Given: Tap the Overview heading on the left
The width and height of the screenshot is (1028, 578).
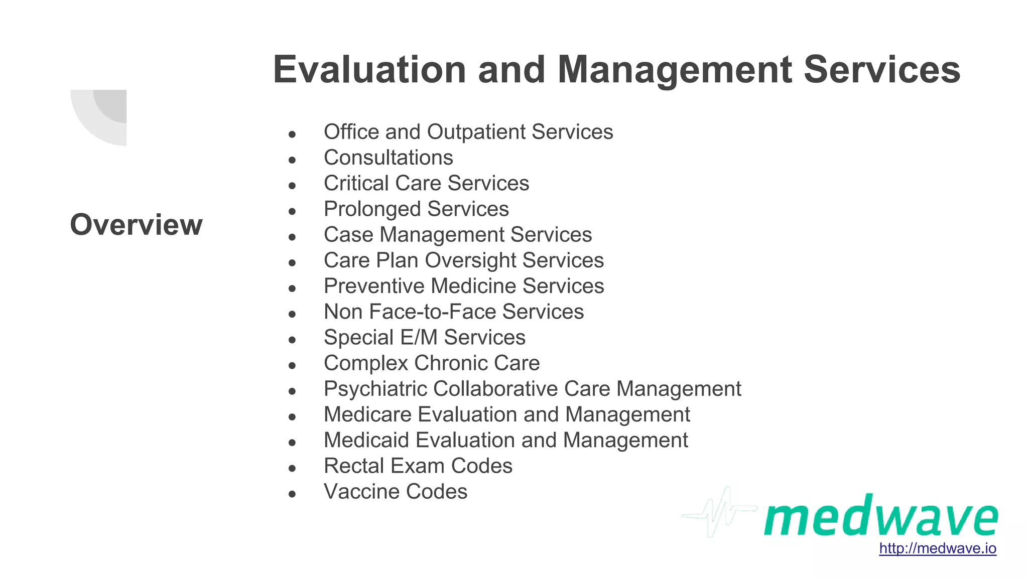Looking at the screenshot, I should click(136, 224).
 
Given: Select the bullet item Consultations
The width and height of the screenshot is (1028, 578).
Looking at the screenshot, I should click(388, 158).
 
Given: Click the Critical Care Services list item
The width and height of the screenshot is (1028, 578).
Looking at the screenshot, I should click(426, 184).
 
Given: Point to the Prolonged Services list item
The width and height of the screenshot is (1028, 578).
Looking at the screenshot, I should click(416, 209).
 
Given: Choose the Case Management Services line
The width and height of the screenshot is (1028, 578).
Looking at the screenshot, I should click(458, 235).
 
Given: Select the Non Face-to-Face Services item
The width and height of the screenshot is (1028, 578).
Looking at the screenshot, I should click(454, 312).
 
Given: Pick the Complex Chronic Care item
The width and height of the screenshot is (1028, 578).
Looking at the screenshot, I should click(432, 363).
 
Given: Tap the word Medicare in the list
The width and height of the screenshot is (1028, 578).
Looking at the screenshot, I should click(367, 415).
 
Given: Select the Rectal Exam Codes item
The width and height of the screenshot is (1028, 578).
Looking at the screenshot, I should click(418, 466).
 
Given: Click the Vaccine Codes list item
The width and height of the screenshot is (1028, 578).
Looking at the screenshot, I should click(396, 492).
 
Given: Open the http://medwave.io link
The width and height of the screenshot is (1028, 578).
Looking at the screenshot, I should click(937, 548).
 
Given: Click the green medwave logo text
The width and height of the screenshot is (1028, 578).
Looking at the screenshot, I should click(880, 517).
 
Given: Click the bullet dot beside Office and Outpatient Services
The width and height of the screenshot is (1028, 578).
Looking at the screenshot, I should click(292, 134).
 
